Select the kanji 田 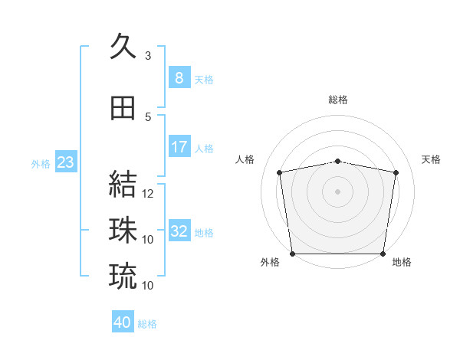(123, 108)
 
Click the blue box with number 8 (179, 78)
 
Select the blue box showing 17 (179, 147)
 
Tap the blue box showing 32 (179, 231)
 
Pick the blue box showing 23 (65, 162)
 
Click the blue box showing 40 (123, 322)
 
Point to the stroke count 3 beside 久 (148, 56)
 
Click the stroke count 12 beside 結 (148, 194)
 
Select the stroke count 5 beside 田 (148, 117)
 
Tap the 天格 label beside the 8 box (204, 79)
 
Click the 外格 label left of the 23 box (41, 163)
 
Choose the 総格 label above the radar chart (337, 100)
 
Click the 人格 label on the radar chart (245, 159)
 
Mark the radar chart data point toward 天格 (396, 172)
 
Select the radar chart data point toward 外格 (292, 254)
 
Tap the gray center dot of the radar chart (337, 191)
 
